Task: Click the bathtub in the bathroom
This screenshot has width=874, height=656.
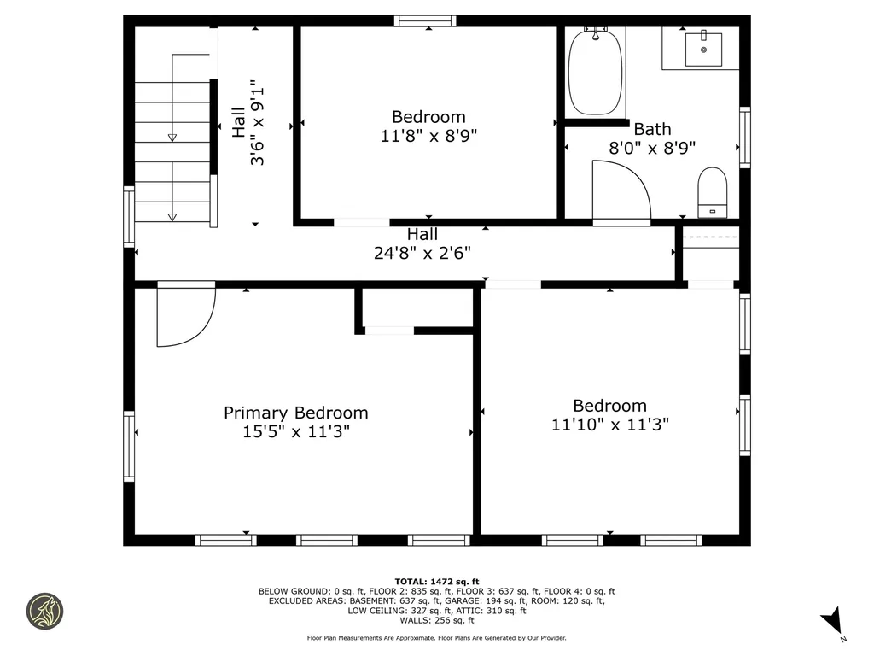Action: pos(595,73)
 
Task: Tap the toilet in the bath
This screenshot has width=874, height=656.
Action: pos(713,192)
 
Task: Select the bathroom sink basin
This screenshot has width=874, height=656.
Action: pos(703,49)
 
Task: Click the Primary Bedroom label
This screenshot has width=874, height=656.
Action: pos(296,413)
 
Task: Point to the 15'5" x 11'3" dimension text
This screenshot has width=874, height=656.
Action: pos(296,431)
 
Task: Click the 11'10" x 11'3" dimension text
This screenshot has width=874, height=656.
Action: pos(609,425)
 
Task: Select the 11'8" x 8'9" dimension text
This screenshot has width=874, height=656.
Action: pos(428,136)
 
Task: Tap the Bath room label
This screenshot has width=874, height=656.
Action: pos(652,130)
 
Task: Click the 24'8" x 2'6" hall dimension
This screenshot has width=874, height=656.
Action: pos(422,253)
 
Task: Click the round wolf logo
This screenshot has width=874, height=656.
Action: pos(44,612)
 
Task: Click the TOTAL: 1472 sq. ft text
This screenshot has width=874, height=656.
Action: pos(437,581)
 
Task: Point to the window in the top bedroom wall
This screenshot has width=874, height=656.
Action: pos(425,21)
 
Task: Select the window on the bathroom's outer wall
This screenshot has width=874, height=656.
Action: pos(744,138)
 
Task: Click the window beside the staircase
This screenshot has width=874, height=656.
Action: pos(129,216)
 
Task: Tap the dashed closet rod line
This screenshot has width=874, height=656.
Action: pos(711,237)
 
